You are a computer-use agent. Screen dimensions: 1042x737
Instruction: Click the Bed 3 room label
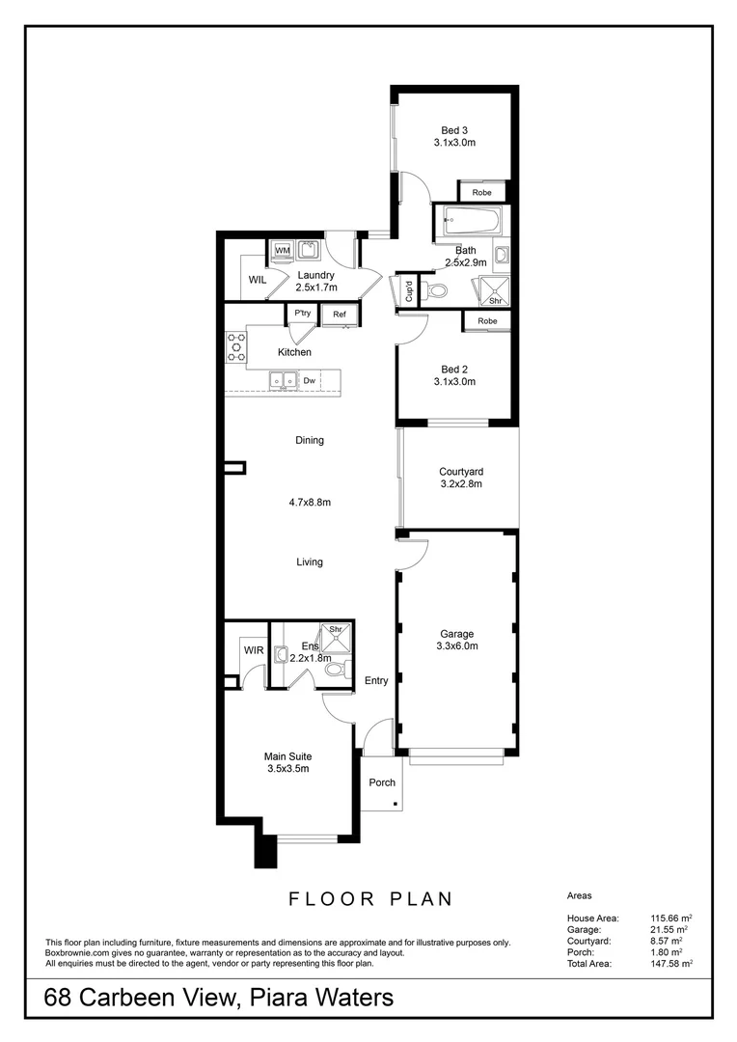454,130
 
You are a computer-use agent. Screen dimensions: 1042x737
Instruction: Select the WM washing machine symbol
283,251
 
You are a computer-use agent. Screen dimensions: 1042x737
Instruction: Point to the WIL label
258,280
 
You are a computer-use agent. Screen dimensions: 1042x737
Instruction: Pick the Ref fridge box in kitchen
341,314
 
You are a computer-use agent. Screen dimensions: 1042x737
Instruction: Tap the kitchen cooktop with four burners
235,347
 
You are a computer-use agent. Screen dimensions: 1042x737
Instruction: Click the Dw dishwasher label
310,381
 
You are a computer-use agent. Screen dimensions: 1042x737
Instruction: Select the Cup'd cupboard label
409,291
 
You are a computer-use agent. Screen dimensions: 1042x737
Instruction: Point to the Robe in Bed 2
487,321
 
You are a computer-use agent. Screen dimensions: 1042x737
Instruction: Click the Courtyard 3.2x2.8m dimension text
461,484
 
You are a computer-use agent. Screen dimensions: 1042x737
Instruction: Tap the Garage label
456,634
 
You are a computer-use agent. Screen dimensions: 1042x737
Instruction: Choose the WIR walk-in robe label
253,651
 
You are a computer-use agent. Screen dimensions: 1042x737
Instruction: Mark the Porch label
383,782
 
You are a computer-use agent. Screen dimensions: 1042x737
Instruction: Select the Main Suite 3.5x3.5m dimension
287,769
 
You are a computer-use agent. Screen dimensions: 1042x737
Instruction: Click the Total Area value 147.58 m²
668,962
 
